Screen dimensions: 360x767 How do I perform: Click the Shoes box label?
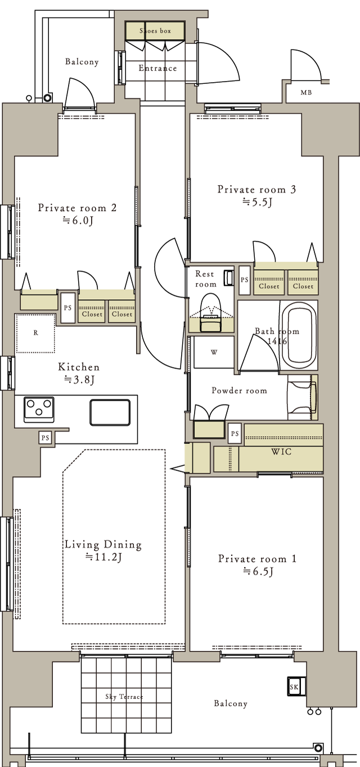(x=155, y=31)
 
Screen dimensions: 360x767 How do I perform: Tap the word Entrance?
(x=157, y=68)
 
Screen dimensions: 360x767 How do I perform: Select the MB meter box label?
(x=306, y=92)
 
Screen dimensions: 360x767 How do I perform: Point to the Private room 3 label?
(x=256, y=189)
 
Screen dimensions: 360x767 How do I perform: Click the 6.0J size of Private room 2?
(x=78, y=220)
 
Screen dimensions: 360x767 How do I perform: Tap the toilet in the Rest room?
(x=211, y=313)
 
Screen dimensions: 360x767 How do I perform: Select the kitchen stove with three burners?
(x=39, y=409)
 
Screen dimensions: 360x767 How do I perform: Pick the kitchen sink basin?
(x=110, y=412)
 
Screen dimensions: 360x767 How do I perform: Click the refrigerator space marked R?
(x=35, y=333)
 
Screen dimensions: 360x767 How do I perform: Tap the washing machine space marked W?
(x=214, y=352)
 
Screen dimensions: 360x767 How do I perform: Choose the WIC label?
(x=281, y=451)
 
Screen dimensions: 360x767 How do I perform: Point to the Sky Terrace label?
(x=124, y=697)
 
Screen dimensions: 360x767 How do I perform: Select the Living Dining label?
(x=103, y=544)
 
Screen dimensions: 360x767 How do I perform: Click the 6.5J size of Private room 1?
(x=258, y=572)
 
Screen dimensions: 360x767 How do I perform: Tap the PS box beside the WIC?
(x=235, y=433)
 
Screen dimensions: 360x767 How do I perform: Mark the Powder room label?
(x=239, y=391)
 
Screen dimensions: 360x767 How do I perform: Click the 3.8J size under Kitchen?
(x=79, y=379)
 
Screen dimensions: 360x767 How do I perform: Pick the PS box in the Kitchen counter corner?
(x=45, y=438)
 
